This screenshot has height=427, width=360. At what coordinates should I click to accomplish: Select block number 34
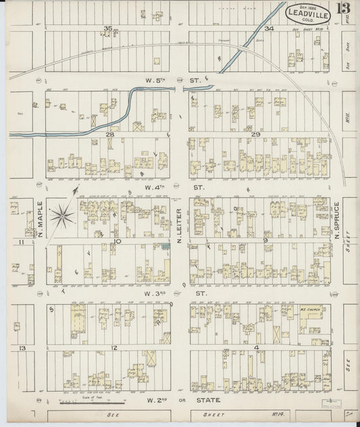[x=268, y=28]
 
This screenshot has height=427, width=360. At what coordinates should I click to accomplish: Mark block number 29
[x=255, y=135]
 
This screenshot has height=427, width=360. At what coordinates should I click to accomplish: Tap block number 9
[x=265, y=240]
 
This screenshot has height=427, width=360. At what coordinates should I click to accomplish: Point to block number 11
[x=22, y=241]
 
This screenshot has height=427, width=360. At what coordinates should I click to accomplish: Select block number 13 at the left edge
[x=22, y=347]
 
